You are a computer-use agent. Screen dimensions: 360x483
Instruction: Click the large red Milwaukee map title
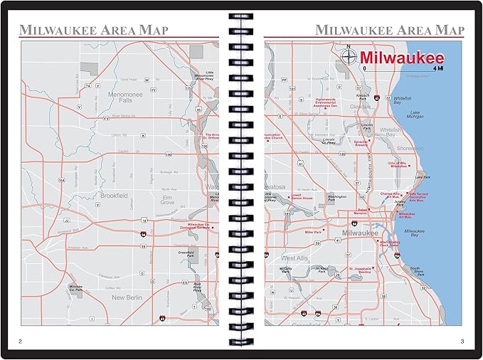(x=401, y=58)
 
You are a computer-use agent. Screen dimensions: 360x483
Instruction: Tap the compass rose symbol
(x=349, y=56)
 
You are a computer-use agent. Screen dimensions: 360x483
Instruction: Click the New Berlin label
(x=128, y=297)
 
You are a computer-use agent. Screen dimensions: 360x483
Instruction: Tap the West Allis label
(x=295, y=258)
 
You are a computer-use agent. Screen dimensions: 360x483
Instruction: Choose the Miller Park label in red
(x=313, y=232)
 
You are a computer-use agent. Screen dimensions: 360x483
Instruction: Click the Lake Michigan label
(x=415, y=115)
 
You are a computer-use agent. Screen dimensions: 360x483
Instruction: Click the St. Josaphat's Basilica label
(x=359, y=271)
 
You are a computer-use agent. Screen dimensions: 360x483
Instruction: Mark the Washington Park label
(x=336, y=197)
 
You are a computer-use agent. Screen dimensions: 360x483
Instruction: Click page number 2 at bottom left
(x=20, y=342)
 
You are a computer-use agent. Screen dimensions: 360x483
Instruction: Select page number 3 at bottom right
(x=462, y=342)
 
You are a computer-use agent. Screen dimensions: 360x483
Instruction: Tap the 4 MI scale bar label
(x=440, y=70)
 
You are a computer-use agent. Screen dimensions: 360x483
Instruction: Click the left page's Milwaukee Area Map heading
(x=93, y=30)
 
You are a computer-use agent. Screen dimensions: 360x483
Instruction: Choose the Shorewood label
(x=410, y=148)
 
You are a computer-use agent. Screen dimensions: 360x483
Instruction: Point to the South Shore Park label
(x=418, y=271)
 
